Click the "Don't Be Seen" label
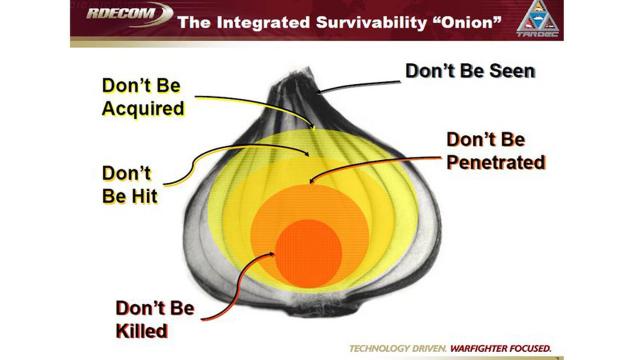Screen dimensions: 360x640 [470, 71]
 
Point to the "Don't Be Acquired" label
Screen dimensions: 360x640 [143, 97]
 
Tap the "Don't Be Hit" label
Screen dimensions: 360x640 [129, 183]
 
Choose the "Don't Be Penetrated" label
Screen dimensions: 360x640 [494, 149]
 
